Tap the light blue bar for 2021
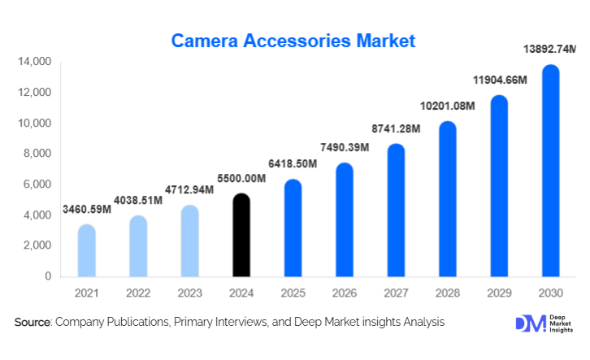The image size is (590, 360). (87, 251)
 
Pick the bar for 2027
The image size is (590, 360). (395, 210)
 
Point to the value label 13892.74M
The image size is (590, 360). (549, 50)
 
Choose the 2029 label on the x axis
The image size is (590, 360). (499, 292)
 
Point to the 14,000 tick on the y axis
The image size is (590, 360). (35, 62)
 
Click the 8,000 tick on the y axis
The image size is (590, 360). (38, 154)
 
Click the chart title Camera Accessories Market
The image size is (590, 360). (293, 40)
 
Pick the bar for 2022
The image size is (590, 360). (139, 246)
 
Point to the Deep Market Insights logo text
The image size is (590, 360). (559, 323)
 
